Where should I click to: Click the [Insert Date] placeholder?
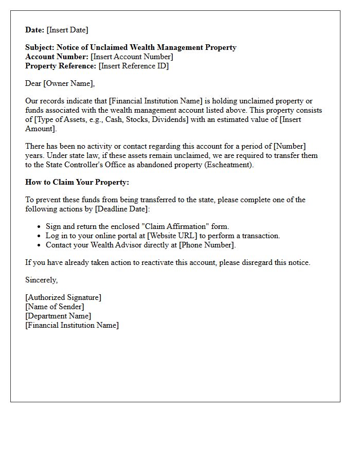point(67,30)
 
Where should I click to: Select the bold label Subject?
point(40,47)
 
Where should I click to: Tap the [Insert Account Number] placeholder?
point(132,57)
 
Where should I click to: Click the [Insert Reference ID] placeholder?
point(133,66)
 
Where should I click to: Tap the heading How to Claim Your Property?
point(77,182)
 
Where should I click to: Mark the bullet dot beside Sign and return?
point(40,227)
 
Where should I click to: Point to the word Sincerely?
point(41,280)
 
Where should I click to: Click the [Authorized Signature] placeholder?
point(63,297)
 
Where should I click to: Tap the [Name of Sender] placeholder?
point(55,307)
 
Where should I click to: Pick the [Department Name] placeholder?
point(58,316)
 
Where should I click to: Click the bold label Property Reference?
point(61,66)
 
